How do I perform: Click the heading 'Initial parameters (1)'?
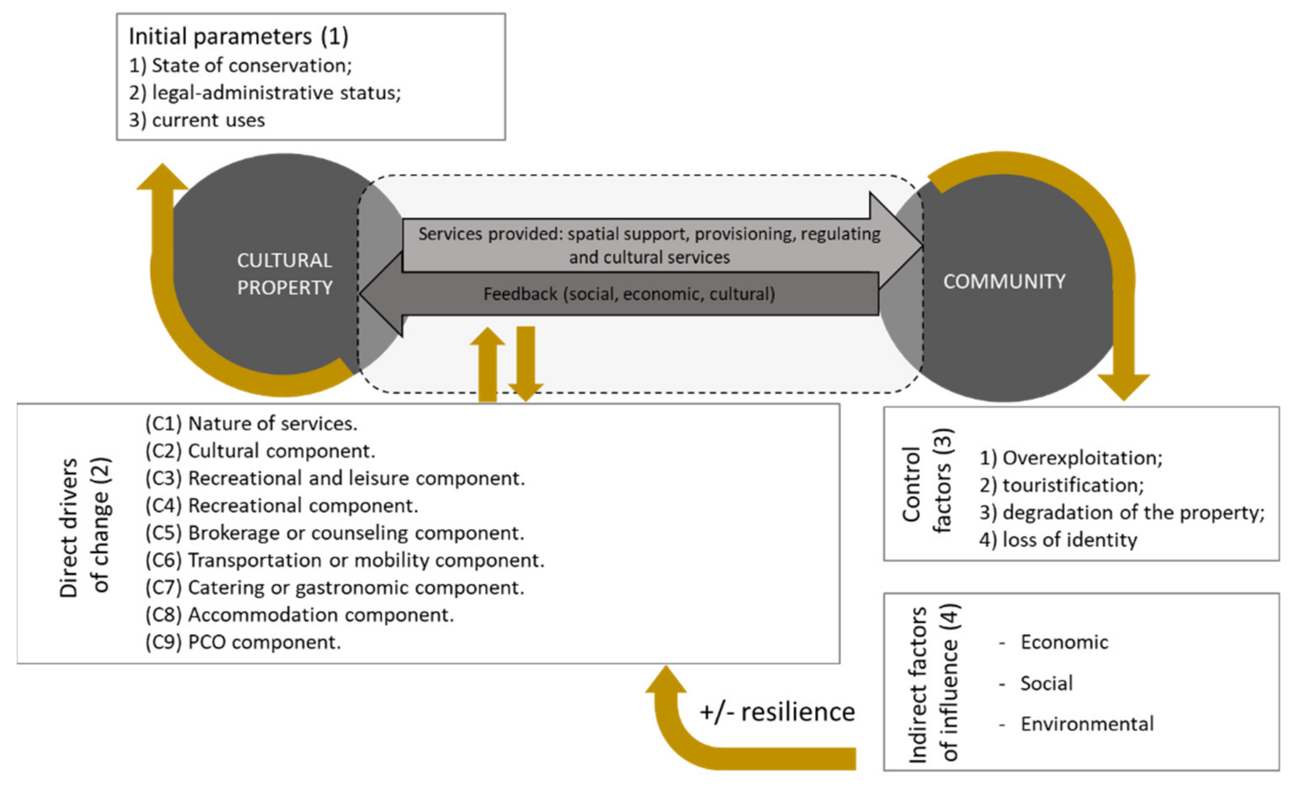[x=239, y=37]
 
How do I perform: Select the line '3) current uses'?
[x=197, y=120]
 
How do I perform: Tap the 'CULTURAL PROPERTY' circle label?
[x=284, y=274]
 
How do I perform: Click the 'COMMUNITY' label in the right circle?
[x=1004, y=282]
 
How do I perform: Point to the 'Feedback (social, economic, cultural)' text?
[x=629, y=295]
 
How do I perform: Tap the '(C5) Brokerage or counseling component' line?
[x=334, y=533]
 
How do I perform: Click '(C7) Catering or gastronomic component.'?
[x=334, y=587]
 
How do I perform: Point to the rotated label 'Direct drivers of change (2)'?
[x=84, y=528]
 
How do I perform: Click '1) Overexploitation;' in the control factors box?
[x=1071, y=458]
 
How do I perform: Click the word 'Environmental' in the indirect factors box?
[x=1086, y=724]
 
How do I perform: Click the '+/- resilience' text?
[x=777, y=713]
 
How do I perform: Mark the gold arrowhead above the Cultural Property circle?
[x=162, y=177]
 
